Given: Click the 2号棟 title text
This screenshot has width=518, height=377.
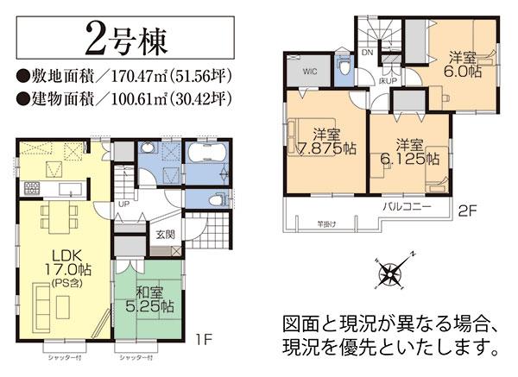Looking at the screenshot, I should click(127, 39).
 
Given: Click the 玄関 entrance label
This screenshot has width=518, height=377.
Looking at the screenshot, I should click(165, 232).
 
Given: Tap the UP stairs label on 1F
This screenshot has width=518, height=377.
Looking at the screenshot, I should click(123, 204).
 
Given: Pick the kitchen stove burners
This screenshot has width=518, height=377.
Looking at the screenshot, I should click(34, 188).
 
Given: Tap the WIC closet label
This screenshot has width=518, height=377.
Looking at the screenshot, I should click(309, 72).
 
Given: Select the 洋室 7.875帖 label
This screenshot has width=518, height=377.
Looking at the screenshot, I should click(325, 141).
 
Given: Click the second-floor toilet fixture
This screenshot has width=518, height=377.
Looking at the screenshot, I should click(344, 66).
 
